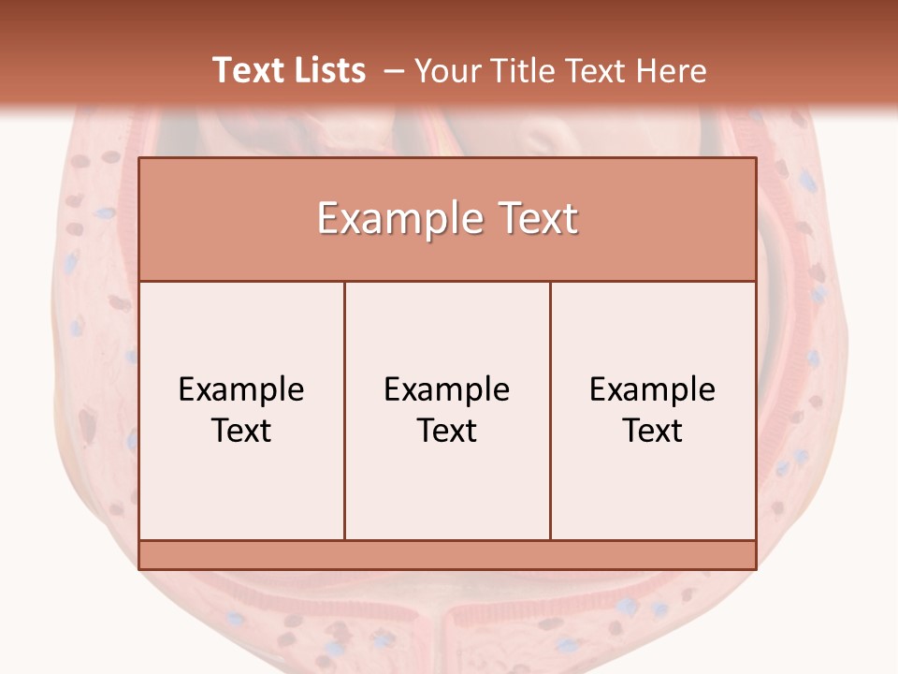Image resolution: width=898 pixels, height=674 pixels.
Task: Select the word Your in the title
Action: pyautogui.click(x=445, y=71)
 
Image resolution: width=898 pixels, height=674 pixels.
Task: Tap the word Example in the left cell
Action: pyautogui.click(x=241, y=389)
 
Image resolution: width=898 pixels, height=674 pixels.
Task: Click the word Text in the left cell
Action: pyautogui.click(x=241, y=431)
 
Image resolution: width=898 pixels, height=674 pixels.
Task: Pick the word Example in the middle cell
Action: pyautogui.click(x=447, y=389)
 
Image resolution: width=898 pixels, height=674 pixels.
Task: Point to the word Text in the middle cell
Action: pyautogui.click(x=447, y=431)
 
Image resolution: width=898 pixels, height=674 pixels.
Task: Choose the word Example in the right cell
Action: pyautogui.click(x=653, y=389)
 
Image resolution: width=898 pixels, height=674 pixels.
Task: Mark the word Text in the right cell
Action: pyautogui.click(x=653, y=431)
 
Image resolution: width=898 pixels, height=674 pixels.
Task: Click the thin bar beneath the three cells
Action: pyautogui.click(x=447, y=555)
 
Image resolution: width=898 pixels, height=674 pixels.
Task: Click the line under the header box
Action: pyautogui.click(x=447, y=281)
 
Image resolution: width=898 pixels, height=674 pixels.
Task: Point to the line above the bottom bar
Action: pyautogui.click(x=447, y=540)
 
